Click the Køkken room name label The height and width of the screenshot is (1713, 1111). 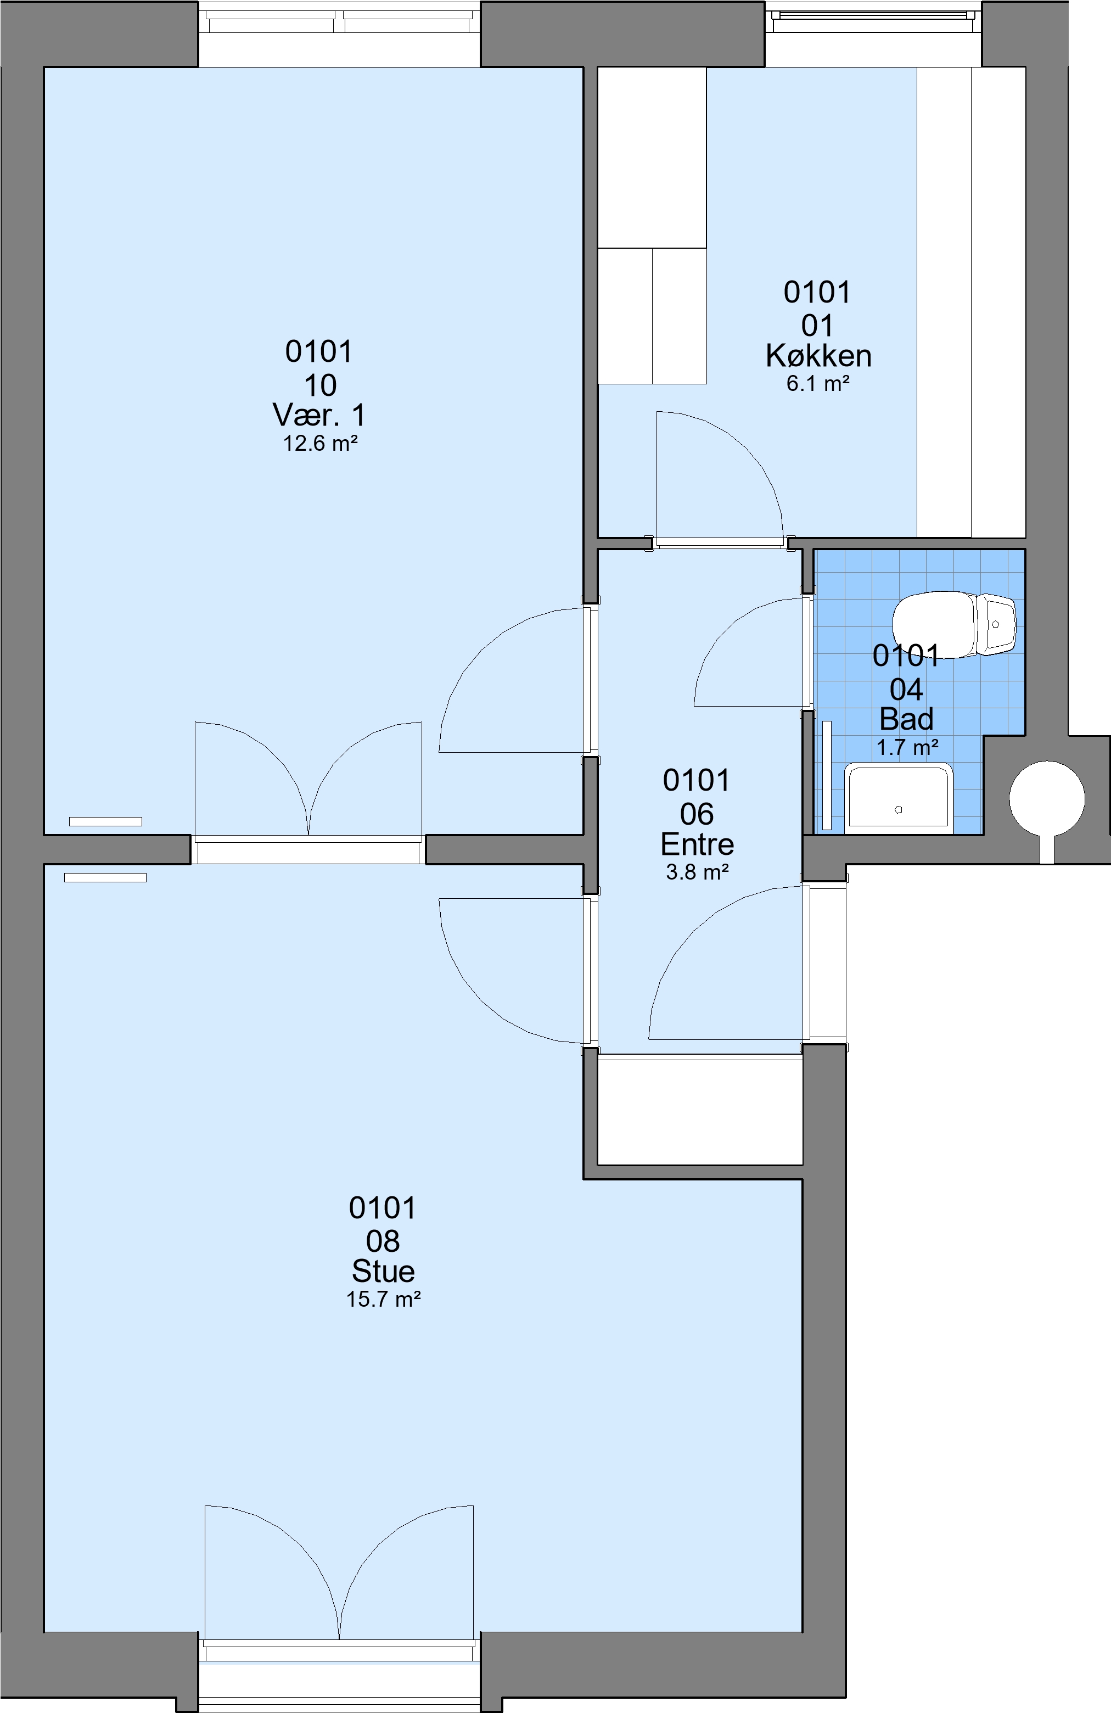pos(818,356)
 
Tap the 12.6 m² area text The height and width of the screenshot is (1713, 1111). pos(320,444)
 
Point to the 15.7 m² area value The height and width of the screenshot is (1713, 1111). pos(383,1299)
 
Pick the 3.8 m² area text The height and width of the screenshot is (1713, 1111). pos(697,872)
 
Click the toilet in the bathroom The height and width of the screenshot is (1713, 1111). pos(953,624)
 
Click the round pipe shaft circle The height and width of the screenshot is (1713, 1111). pos(1047,799)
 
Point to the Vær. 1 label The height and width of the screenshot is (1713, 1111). pos(319,415)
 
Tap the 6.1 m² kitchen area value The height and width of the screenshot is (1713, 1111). pos(818,384)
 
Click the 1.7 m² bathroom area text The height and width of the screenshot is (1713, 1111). pos(907,747)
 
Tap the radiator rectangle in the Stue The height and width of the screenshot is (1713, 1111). pos(105,877)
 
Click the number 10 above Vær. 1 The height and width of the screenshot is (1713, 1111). pos(320,387)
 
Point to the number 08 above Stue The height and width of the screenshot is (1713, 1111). pos(383,1241)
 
